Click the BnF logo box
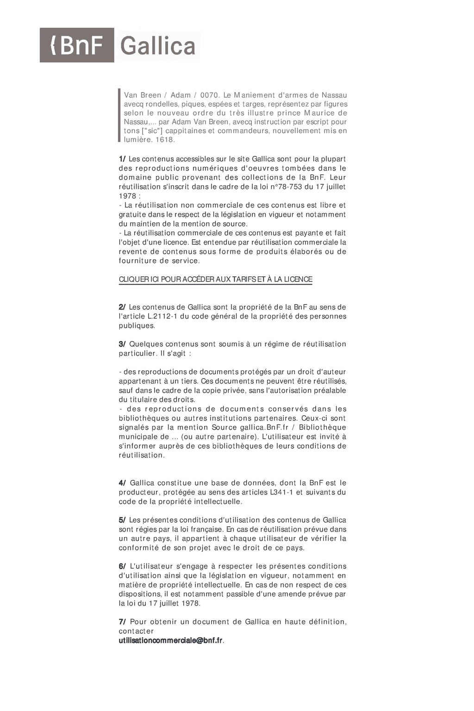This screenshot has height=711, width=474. point(77,45)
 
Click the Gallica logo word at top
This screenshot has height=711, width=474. point(157,46)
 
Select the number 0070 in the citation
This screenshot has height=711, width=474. point(210,95)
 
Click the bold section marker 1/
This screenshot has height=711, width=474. point(122,159)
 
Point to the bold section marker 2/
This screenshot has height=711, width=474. point(122,307)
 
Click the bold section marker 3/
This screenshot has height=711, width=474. point(122,344)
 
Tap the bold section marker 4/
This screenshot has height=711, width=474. point(122,483)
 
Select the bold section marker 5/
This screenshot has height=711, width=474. point(122,520)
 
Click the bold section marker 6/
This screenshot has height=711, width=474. point(122,566)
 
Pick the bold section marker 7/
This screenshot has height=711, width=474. point(122,622)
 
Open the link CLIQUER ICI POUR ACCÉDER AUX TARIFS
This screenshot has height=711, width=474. point(215,279)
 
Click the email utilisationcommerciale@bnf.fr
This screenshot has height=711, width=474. point(171,641)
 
